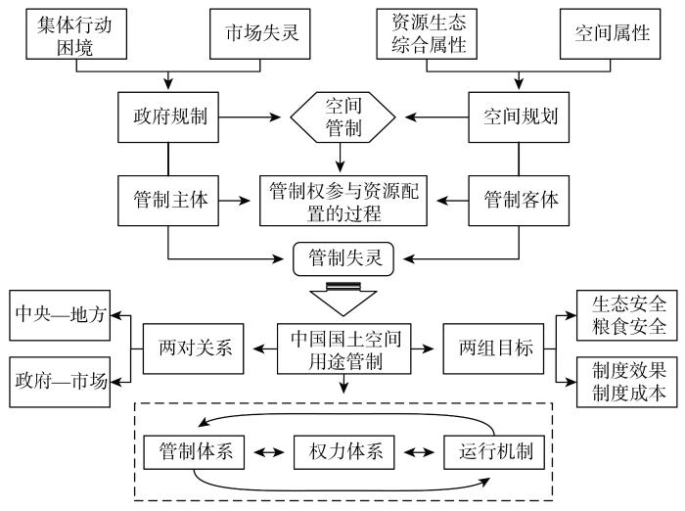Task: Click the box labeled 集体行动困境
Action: coord(76,33)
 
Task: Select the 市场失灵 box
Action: coord(260,33)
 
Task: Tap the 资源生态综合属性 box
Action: coord(427,33)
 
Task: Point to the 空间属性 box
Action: coord(611,33)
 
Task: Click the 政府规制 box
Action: coord(168,117)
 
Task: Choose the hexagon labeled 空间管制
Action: coord(342,117)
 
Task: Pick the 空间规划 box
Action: coord(519,117)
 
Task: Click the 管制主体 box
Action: coord(168,201)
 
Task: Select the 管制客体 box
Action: coord(519,201)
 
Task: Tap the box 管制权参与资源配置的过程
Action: coord(343,201)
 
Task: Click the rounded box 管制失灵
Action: coord(343,258)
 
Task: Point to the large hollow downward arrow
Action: coord(343,300)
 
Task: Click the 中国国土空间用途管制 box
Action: coord(344,348)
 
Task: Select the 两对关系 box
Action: coord(194,348)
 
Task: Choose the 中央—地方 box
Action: coord(60,315)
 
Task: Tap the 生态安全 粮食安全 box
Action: coord(627,315)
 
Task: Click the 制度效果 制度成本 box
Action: coord(627,382)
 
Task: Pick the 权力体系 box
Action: coord(344,452)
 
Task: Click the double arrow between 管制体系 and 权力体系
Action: coord(269,452)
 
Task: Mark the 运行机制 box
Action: coord(494,452)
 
